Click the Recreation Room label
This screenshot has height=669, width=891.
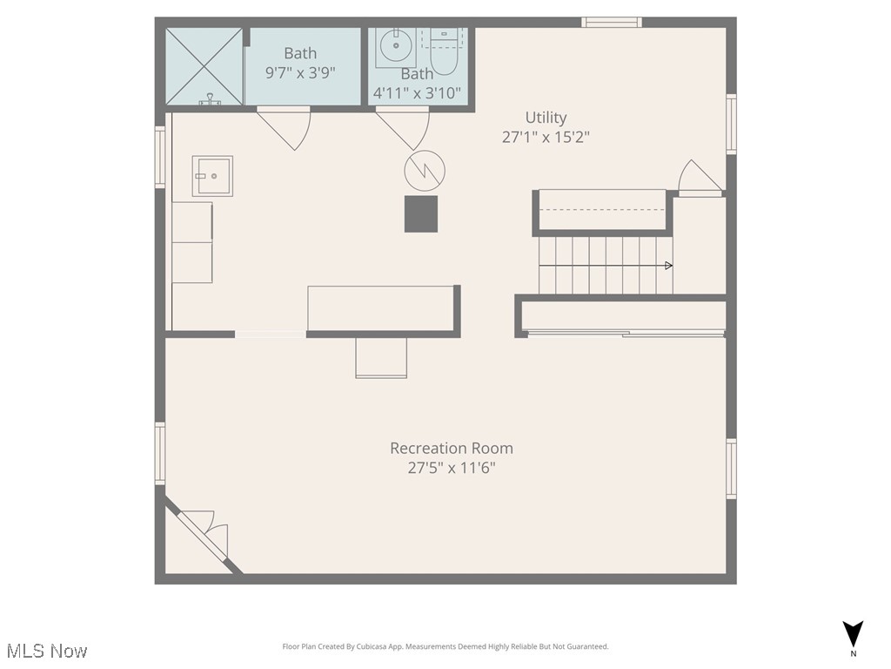point(451,448)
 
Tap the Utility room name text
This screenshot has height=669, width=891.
point(546,117)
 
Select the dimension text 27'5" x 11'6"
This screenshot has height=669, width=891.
point(452,468)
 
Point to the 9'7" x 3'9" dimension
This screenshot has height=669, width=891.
point(302,73)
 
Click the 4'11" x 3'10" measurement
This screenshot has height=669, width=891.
point(418,92)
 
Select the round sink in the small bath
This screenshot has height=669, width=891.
point(397,44)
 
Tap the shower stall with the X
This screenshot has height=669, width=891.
point(204,66)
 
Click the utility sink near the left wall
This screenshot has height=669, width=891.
point(212,176)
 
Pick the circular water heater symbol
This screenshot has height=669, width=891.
point(425,170)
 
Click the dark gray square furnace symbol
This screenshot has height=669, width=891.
point(421,213)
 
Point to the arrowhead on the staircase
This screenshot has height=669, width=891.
point(668,265)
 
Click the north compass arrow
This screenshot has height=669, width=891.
point(854,633)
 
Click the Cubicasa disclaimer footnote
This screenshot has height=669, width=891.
point(445,646)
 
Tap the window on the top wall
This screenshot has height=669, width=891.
point(612,23)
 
